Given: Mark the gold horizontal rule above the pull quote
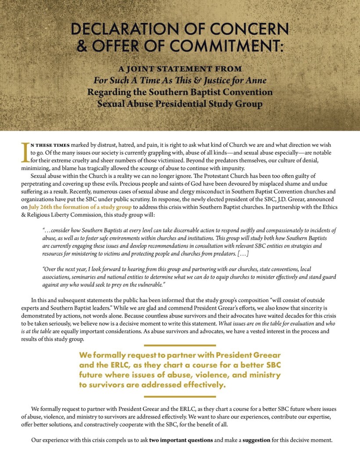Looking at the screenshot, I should (x=180, y=345).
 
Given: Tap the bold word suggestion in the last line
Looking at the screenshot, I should (x=256, y=440).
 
